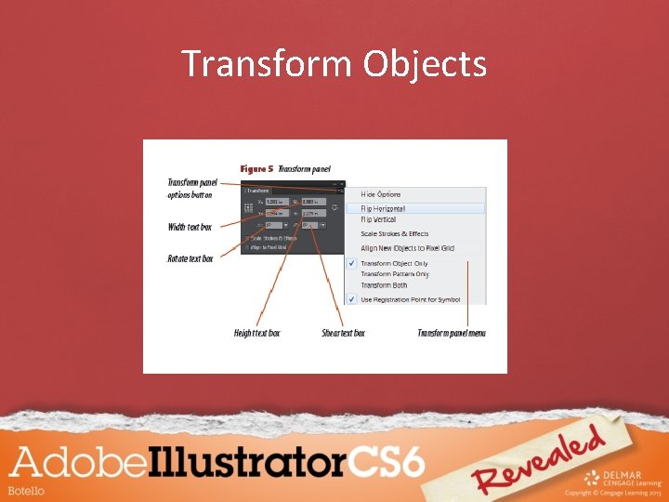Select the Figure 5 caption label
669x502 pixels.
pyautogui.click(x=256, y=169)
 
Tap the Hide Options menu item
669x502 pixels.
pyautogui.click(x=381, y=194)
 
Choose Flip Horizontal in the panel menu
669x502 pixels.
pyautogui.click(x=384, y=209)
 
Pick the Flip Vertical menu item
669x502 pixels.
pyautogui.click(x=378, y=220)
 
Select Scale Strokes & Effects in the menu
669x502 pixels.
pyautogui.click(x=395, y=234)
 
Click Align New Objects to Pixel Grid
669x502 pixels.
pyautogui.click(x=407, y=248)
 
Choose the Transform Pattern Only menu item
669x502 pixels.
pyautogui.click(x=395, y=274)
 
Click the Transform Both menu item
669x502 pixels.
pyautogui.click(x=384, y=285)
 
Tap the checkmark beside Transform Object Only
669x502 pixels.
pyautogui.click(x=351, y=264)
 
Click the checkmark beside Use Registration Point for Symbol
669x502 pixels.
pyautogui.click(x=351, y=299)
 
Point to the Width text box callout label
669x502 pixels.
pyautogui.click(x=190, y=228)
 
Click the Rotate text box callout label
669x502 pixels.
pyautogui.click(x=190, y=258)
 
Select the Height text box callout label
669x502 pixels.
pyautogui.click(x=257, y=333)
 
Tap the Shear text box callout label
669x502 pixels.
pyautogui.click(x=343, y=333)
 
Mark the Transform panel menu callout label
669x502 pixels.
pyautogui.click(x=452, y=333)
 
